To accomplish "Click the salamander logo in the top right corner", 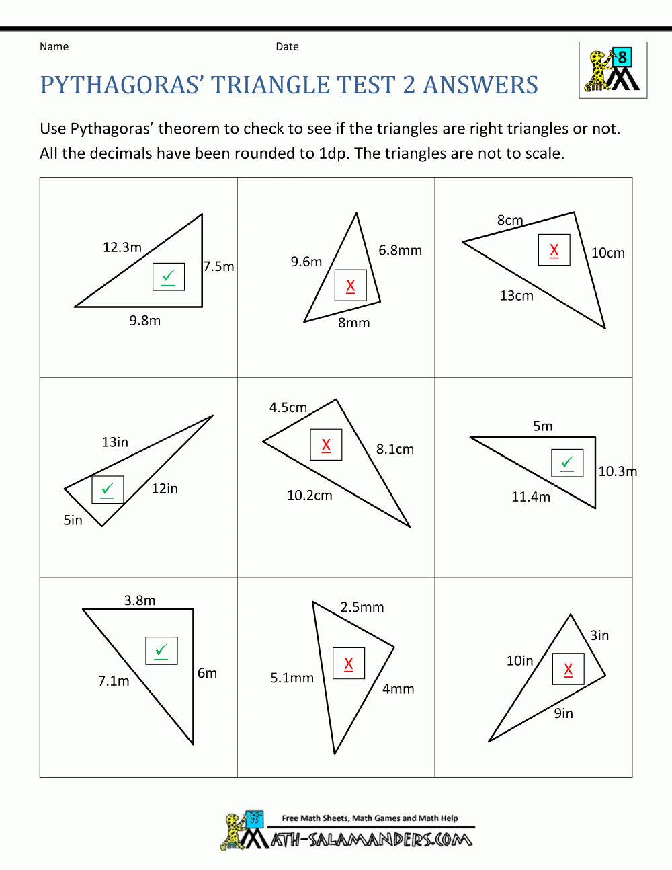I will click(612, 71).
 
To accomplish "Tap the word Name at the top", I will click(54, 46).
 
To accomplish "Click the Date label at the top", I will click(287, 46).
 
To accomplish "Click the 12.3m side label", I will click(122, 247).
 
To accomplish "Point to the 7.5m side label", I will click(218, 266).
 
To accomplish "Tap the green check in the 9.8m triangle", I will click(168, 276).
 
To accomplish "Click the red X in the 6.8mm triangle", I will click(350, 286).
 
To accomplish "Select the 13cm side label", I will click(516, 296).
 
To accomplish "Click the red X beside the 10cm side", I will click(554, 250).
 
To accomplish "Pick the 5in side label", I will click(73, 520).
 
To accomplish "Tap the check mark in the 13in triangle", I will click(108, 489).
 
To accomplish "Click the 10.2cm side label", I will click(309, 496).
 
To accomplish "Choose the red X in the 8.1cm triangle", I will click(326, 445).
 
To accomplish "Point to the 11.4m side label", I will click(530, 497).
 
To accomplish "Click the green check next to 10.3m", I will click(567, 462).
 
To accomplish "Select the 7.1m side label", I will click(114, 681).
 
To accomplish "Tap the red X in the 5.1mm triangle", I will click(349, 664).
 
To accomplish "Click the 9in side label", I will click(563, 713).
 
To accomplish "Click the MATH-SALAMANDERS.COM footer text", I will click(372, 839).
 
